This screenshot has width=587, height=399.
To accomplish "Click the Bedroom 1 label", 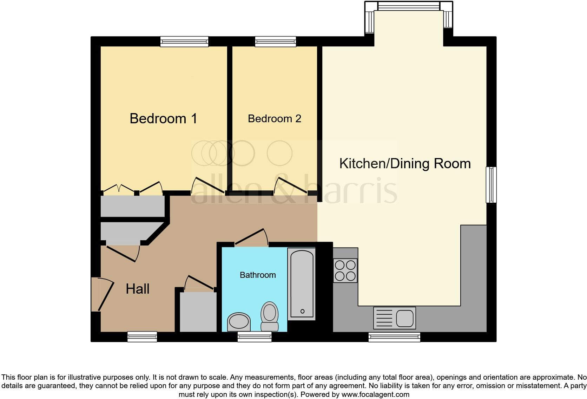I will click(x=163, y=119).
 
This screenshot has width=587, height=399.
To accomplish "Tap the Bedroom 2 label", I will click(x=274, y=119).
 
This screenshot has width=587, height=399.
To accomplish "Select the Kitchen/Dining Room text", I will click(x=405, y=164).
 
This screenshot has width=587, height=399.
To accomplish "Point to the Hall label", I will click(x=138, y=289).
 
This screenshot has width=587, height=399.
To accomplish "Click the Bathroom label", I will click(x=258, y=275).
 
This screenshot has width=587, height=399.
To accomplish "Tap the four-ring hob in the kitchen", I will click(x=345, y=270).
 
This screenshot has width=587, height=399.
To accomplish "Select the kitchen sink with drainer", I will click(x=394, y=318).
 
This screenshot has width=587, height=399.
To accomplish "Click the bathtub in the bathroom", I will click(x=302, y=284).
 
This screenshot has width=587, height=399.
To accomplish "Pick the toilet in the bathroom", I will click(x=270, y=316).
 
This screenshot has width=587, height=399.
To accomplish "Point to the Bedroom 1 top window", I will click(x=184, y=42).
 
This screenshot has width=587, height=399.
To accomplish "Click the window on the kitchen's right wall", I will click(x=491, y=185).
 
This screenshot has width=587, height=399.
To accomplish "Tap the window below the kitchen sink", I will click(x=394, y=338).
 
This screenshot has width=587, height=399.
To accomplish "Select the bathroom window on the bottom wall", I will click(x=255, y=338).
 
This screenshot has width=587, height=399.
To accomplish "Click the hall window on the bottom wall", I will click(x=142, y=337).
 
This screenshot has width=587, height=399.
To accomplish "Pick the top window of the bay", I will click(x=408, y=6).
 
